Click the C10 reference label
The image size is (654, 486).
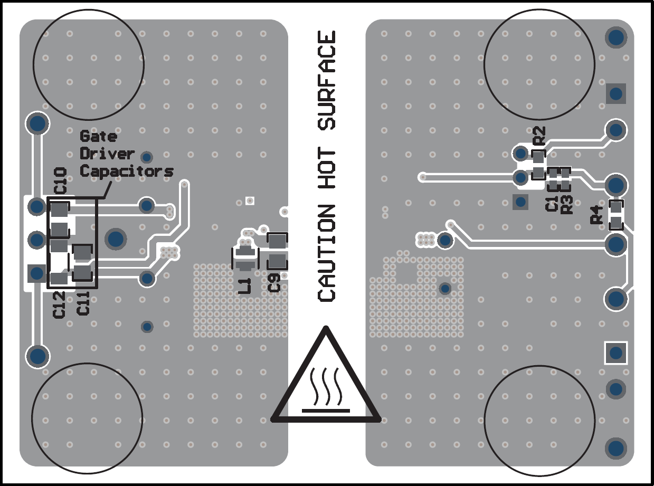[x=60, y=180]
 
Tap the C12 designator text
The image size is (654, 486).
[x=59, y=305]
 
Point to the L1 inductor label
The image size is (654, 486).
[x=245, y=285]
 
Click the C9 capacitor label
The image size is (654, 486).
[x=274, y=283]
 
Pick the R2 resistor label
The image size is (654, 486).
[x=539, y=136]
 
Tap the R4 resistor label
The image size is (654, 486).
[x=597, y=214]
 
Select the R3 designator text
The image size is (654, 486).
[x=567, y=204]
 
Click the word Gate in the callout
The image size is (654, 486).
[x=98, y=136]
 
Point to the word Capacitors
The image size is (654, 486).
[x=126, y=171]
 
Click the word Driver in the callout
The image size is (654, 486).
[x=107, y=154]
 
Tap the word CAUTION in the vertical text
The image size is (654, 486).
[x=327, y=253]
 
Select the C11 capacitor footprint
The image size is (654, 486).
[x=82, y=263]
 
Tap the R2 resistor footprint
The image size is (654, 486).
[x=538, y=164]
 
